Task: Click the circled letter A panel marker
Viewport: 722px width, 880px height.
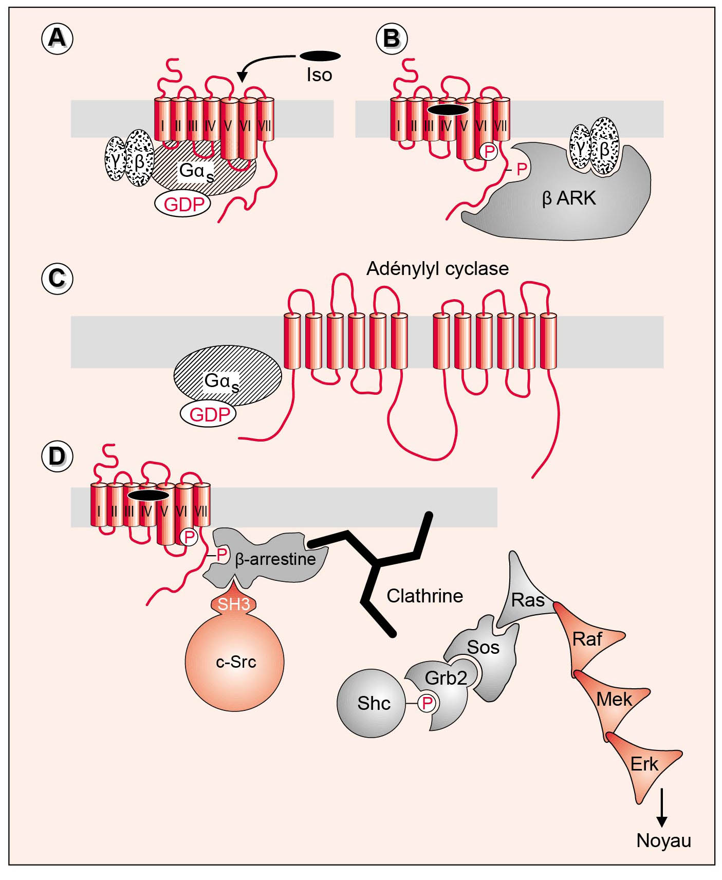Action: coord(57,39)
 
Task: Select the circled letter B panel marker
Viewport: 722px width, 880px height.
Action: coord(392,39)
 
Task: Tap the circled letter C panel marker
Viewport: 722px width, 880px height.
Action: coord(57,279)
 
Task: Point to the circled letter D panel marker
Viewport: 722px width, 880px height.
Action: coord(57,456)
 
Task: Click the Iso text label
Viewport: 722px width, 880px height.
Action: coord(319,75)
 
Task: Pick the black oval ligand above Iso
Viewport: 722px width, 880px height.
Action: coord(320,56)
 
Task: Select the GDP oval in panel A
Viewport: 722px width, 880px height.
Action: coord(183,204)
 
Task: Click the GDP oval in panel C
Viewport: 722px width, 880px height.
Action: coord(209,414)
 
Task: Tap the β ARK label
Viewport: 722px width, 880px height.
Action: coord(569,198)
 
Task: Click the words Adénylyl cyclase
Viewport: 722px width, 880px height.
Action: coord(437,268)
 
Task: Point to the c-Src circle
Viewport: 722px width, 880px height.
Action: coord(235,662)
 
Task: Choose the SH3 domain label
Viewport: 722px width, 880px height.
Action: coord(234,604)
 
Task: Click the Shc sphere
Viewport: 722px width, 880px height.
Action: coord(373,703)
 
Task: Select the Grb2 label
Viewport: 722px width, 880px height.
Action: coord(446,679)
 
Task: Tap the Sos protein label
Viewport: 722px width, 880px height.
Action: coord(483,647)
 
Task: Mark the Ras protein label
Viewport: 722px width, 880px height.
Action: coord(528,600)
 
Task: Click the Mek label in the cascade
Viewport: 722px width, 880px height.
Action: coord(614,700)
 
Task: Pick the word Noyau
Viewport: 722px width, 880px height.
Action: coord(663,840)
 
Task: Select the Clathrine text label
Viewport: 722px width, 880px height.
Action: coord(424,596)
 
